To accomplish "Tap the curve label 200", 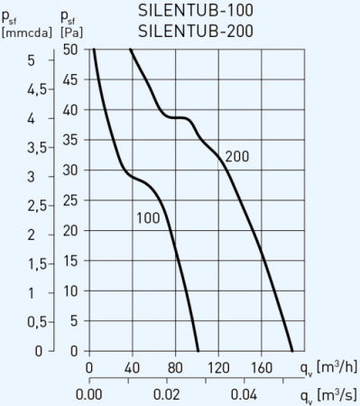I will click(236, 156).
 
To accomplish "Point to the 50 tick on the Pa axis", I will click(69, 51).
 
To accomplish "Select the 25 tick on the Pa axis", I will click(69, 200).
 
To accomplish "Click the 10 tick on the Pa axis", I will click(69, 291).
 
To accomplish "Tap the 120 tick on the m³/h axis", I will click(218, 367).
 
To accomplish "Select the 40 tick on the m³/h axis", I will click(132, 367).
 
